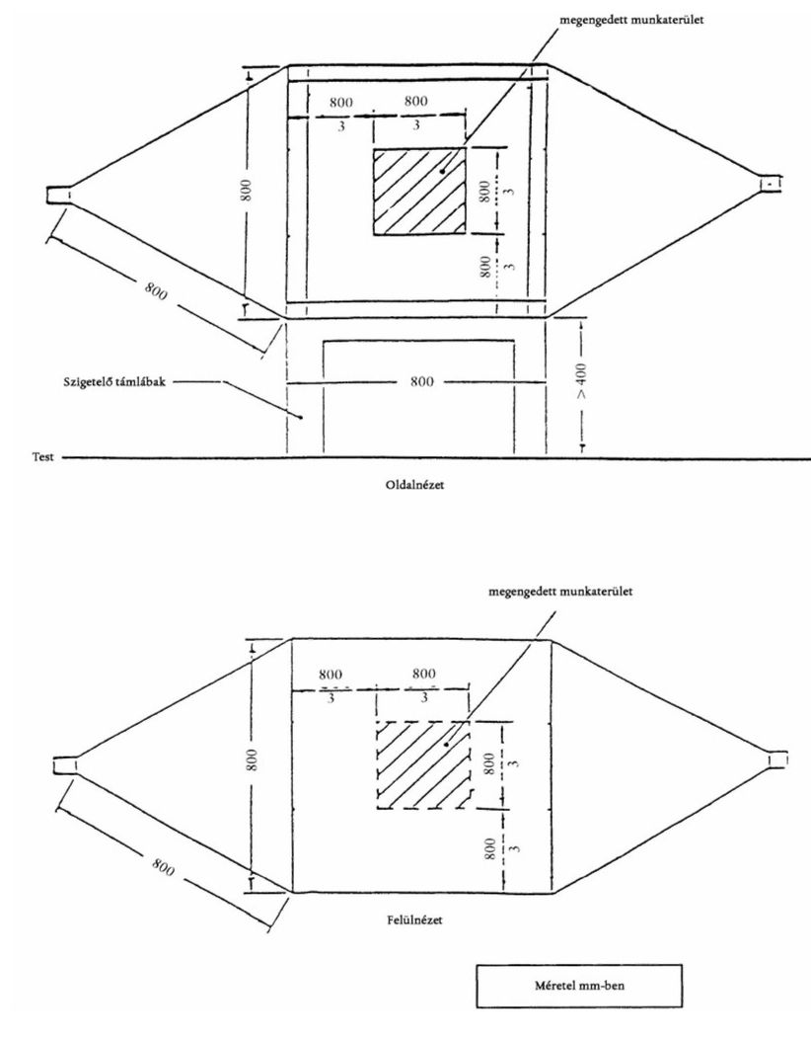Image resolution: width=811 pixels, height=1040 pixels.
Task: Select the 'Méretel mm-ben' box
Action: [579, 986]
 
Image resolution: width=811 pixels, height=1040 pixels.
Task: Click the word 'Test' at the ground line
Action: [43, 457]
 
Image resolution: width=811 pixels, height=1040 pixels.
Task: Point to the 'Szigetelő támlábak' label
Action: [114, 382]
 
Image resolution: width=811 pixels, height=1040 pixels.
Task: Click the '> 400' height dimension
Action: [581, 381]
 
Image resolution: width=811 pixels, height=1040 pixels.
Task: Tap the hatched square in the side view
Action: [419, 191]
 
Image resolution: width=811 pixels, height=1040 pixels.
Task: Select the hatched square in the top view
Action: [422, 764]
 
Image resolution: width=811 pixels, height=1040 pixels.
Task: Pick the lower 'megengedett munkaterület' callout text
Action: [560, 591]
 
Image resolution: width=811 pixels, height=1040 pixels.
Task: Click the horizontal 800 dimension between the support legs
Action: [422, 381]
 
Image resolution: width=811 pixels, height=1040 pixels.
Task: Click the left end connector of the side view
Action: [57, 195]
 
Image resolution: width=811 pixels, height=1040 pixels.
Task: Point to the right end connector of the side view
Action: [771, 183]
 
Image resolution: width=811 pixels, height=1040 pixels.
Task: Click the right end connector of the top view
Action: [777, 760]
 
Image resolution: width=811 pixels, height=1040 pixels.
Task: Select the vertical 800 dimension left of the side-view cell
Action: [247, 190]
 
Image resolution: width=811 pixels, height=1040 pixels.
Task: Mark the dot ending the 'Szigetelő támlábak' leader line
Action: [300, 417]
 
